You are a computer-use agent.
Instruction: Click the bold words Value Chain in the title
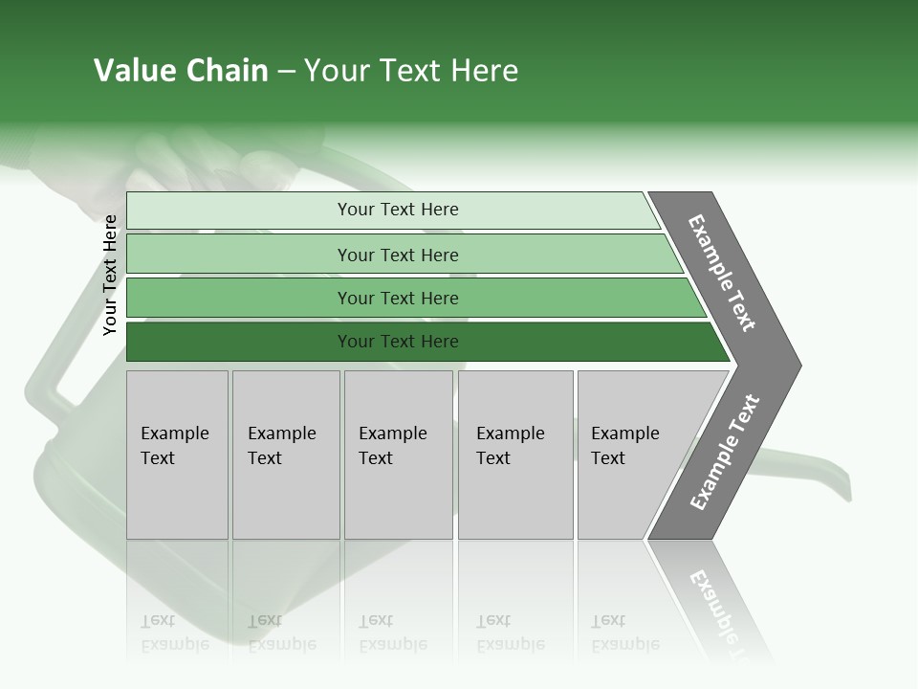click(181, 71)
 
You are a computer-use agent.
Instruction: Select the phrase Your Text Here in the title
click(411, 71)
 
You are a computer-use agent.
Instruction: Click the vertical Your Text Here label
click(110, 275)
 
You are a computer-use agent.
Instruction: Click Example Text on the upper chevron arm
click(722, 273)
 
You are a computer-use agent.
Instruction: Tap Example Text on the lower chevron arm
click(725, 453)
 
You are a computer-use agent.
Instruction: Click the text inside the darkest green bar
click(398, 342)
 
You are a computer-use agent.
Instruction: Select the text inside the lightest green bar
click(398, 210)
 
